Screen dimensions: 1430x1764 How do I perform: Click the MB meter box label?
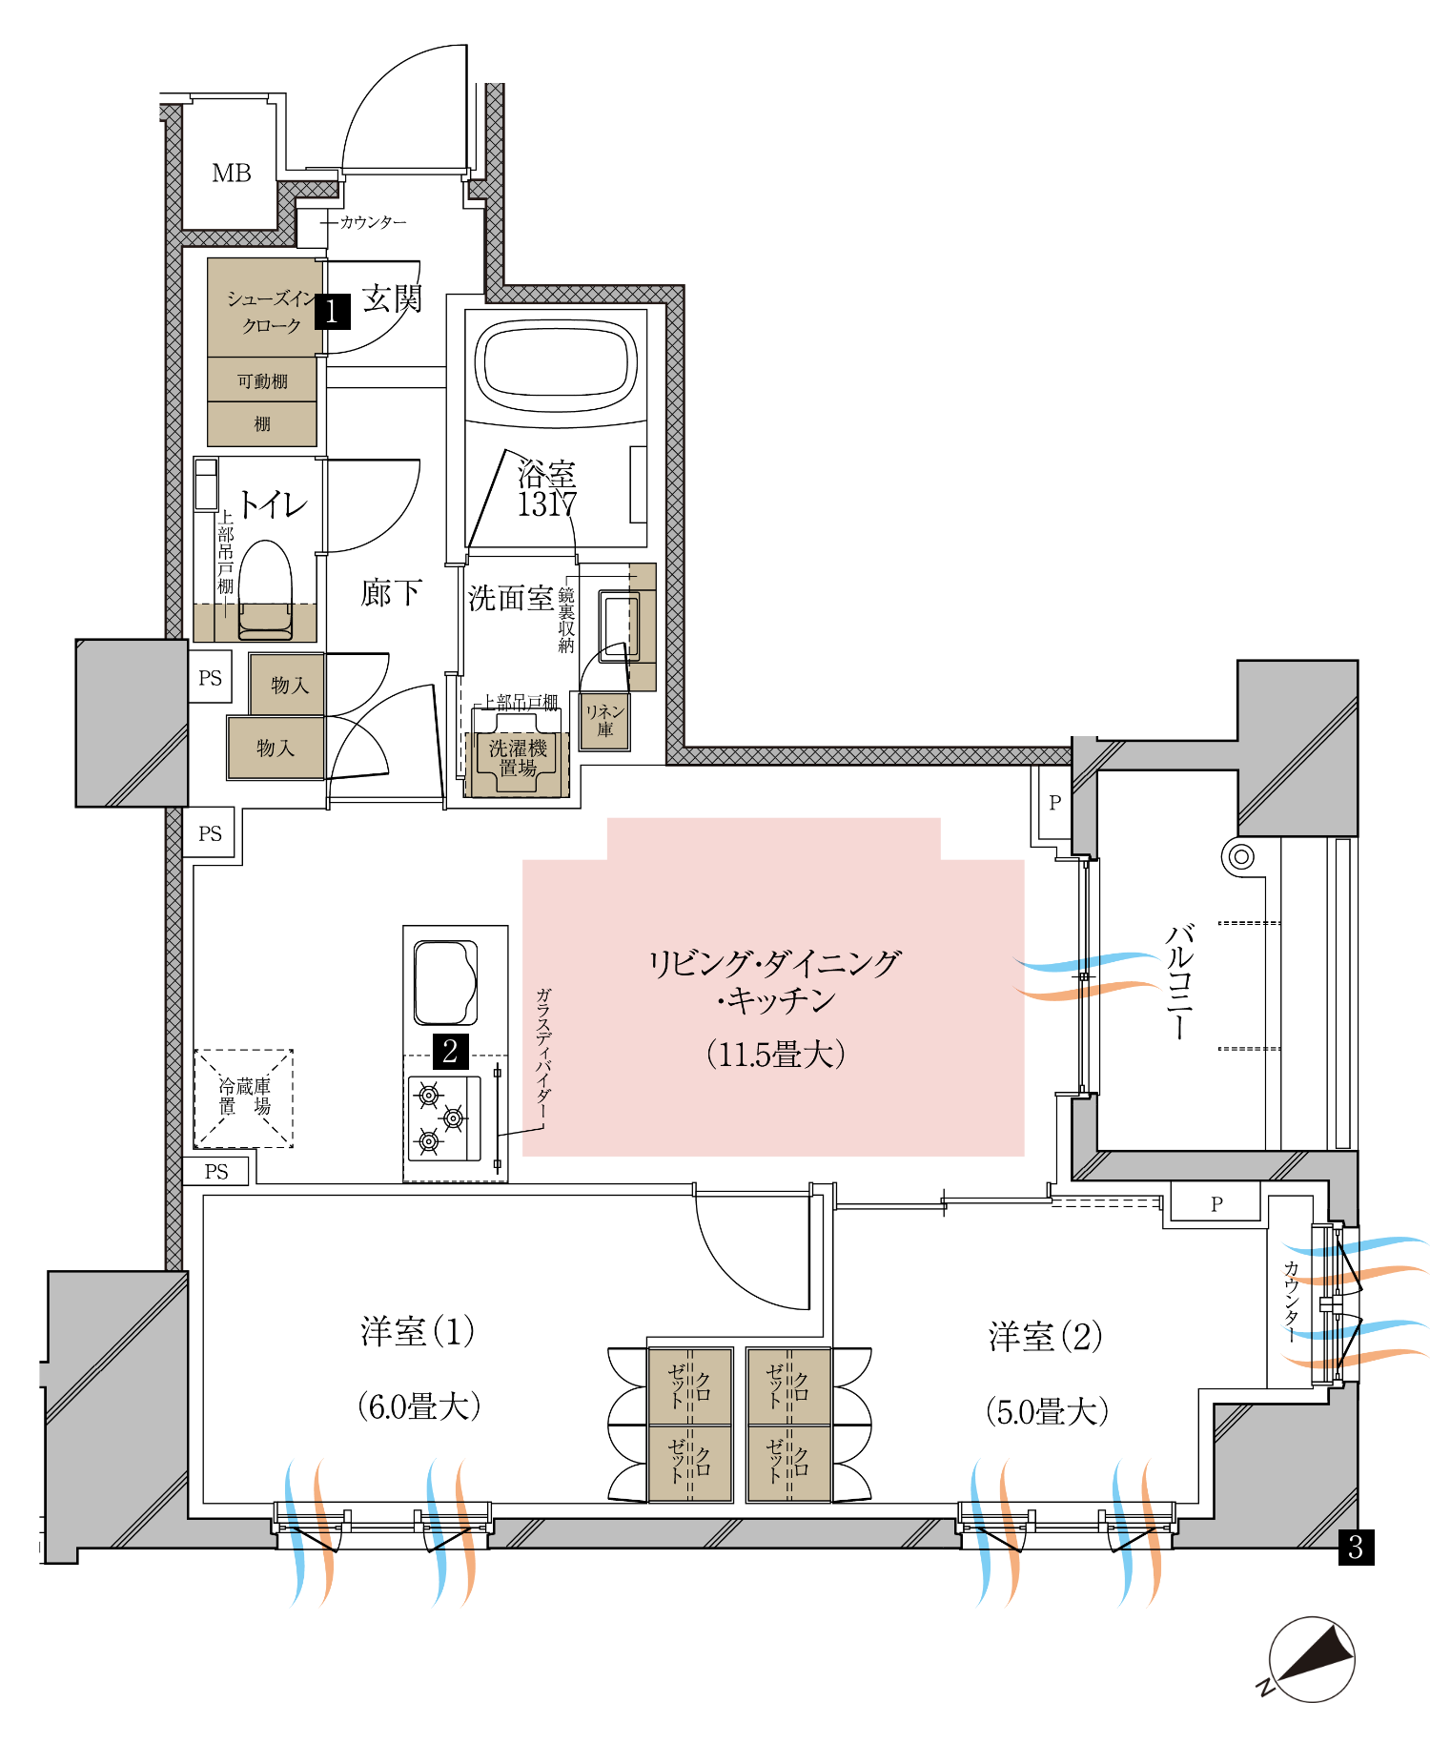click(x=232, y=174)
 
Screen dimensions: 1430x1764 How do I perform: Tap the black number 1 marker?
click(x=332, y=311)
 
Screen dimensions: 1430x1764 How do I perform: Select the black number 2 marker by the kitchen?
click(x=450, y=1051)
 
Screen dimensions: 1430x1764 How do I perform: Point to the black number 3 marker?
click(x=1356, y=1547)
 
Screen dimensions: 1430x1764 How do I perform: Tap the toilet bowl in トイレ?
click(x=265, y=589)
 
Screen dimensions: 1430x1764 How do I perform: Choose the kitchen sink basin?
click(x=445, y=982)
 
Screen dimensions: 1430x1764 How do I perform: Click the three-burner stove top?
click(x=444, y=1118)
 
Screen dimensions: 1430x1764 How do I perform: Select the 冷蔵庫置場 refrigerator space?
click(x=244, y=1098)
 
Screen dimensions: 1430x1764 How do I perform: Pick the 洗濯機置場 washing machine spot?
click(x=518, y=758)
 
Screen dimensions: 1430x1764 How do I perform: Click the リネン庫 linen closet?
click(x=604, y=721)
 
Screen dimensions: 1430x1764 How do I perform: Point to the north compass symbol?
click(x=1311, y=1660)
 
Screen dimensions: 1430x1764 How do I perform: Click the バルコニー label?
click(x=1179, y=981)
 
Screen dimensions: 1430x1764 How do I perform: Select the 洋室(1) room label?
click(x=418, y=1332)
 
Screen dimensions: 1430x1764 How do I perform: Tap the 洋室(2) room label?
click(x=1046, y=1337)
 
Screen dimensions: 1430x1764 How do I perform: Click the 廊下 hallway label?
click(x=391, y=593)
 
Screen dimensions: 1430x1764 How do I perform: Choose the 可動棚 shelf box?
click(x=262, y=379)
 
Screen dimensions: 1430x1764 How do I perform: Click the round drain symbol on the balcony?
click(x=1240, y=856)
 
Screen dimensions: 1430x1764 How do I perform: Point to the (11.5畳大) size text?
click(x=775, y=1055)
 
